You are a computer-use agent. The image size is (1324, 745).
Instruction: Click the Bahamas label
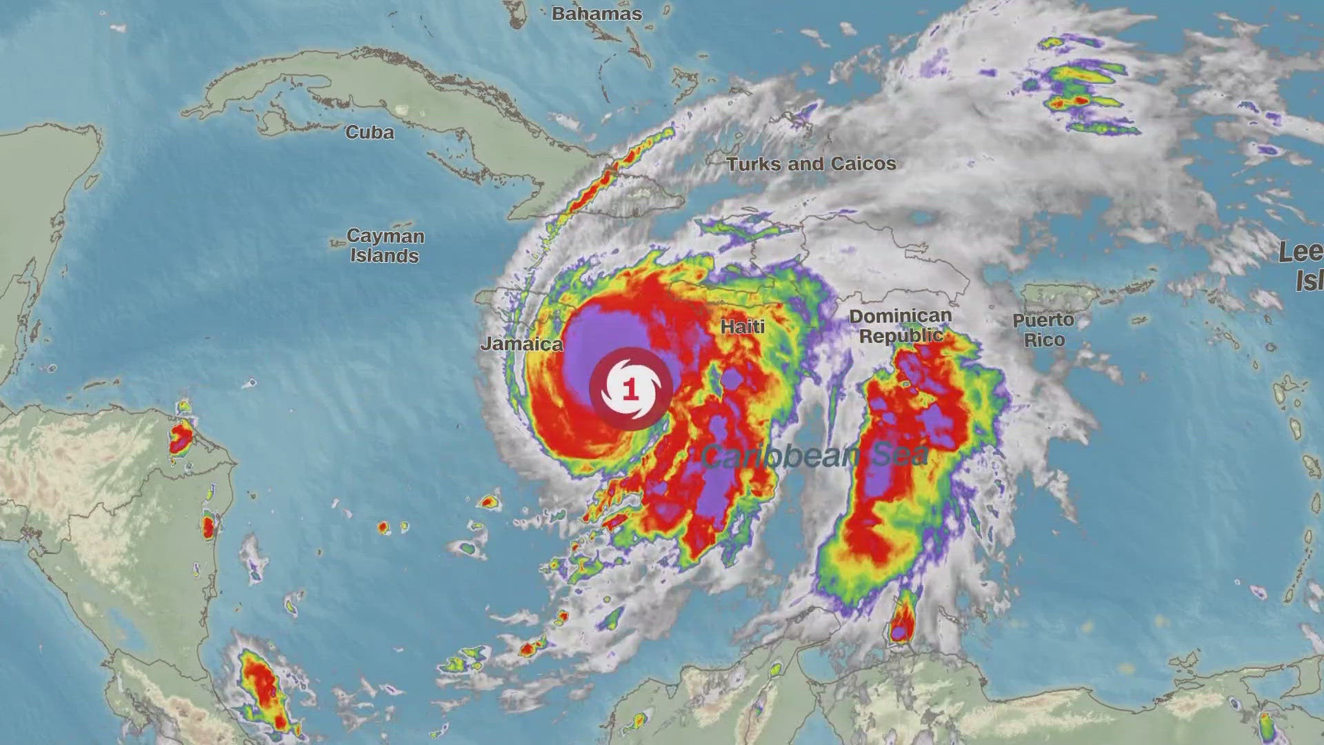596,14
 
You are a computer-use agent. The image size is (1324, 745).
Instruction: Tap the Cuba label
370,132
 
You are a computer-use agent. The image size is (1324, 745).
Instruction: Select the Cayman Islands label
385,246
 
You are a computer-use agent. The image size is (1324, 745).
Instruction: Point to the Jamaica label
521,344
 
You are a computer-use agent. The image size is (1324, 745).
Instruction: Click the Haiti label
743,326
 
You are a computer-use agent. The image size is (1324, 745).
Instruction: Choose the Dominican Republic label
901,326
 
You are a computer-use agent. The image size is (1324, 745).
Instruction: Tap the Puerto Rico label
1043,330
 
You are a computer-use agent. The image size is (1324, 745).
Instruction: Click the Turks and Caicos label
811,163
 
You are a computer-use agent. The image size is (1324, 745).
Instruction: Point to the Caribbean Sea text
814,456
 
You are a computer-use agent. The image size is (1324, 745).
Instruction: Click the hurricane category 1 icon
630,389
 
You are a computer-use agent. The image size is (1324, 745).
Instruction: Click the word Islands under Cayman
384,256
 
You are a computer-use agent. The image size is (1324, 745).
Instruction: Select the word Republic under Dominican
901,336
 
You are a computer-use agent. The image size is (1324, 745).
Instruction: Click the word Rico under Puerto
1044,340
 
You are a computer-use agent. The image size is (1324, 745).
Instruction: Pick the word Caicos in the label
863,163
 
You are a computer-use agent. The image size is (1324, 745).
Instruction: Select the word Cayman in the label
385,236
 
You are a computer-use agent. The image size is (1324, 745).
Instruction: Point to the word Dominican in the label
901,316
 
